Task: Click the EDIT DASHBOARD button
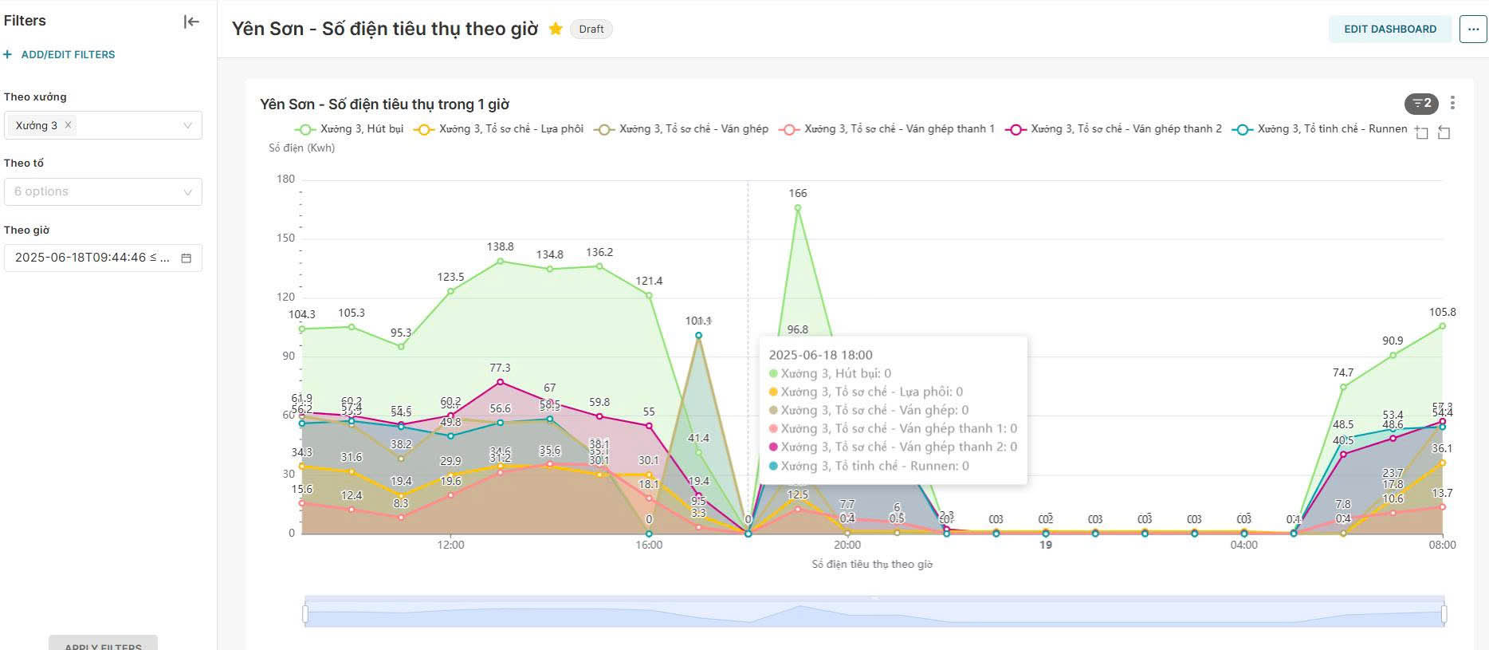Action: point(1389,29)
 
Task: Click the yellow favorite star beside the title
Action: point(556,29)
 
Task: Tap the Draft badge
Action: point(591,29)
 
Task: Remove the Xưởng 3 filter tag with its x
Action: point(69,124)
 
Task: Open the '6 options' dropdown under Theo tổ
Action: point(103,191)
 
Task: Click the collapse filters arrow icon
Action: point(191,22)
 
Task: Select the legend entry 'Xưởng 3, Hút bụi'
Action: point(350,129)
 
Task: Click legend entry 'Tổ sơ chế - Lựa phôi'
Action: point(500,129)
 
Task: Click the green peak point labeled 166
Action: point(797,208)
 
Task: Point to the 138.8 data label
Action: point(500,247)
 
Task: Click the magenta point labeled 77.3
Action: point(500,382)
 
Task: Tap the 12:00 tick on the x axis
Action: point(450,545)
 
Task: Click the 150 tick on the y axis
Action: point(285,238)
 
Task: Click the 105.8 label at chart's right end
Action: point(1442,312)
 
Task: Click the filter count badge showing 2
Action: point(1421,103)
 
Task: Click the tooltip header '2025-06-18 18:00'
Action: point(820,355)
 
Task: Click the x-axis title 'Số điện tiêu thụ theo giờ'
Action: point(871,564)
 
